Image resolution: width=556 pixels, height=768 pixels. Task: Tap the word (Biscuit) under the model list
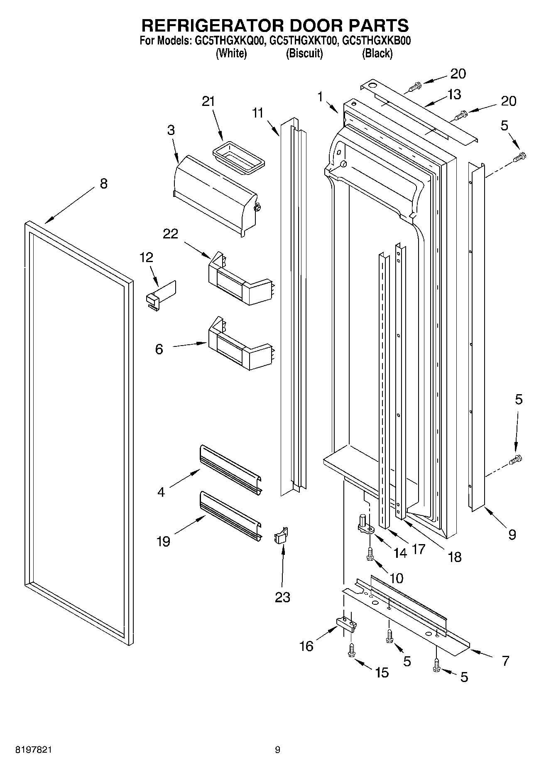pos(304,53)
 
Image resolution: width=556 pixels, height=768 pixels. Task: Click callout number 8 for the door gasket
pos(103,183)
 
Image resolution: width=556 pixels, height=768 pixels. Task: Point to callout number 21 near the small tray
pos(208,101)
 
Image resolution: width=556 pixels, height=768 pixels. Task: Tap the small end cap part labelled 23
pos(281,536)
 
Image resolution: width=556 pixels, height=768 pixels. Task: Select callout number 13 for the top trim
pos(454,94)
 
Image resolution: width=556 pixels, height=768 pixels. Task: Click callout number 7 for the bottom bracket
pos(505,660)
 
